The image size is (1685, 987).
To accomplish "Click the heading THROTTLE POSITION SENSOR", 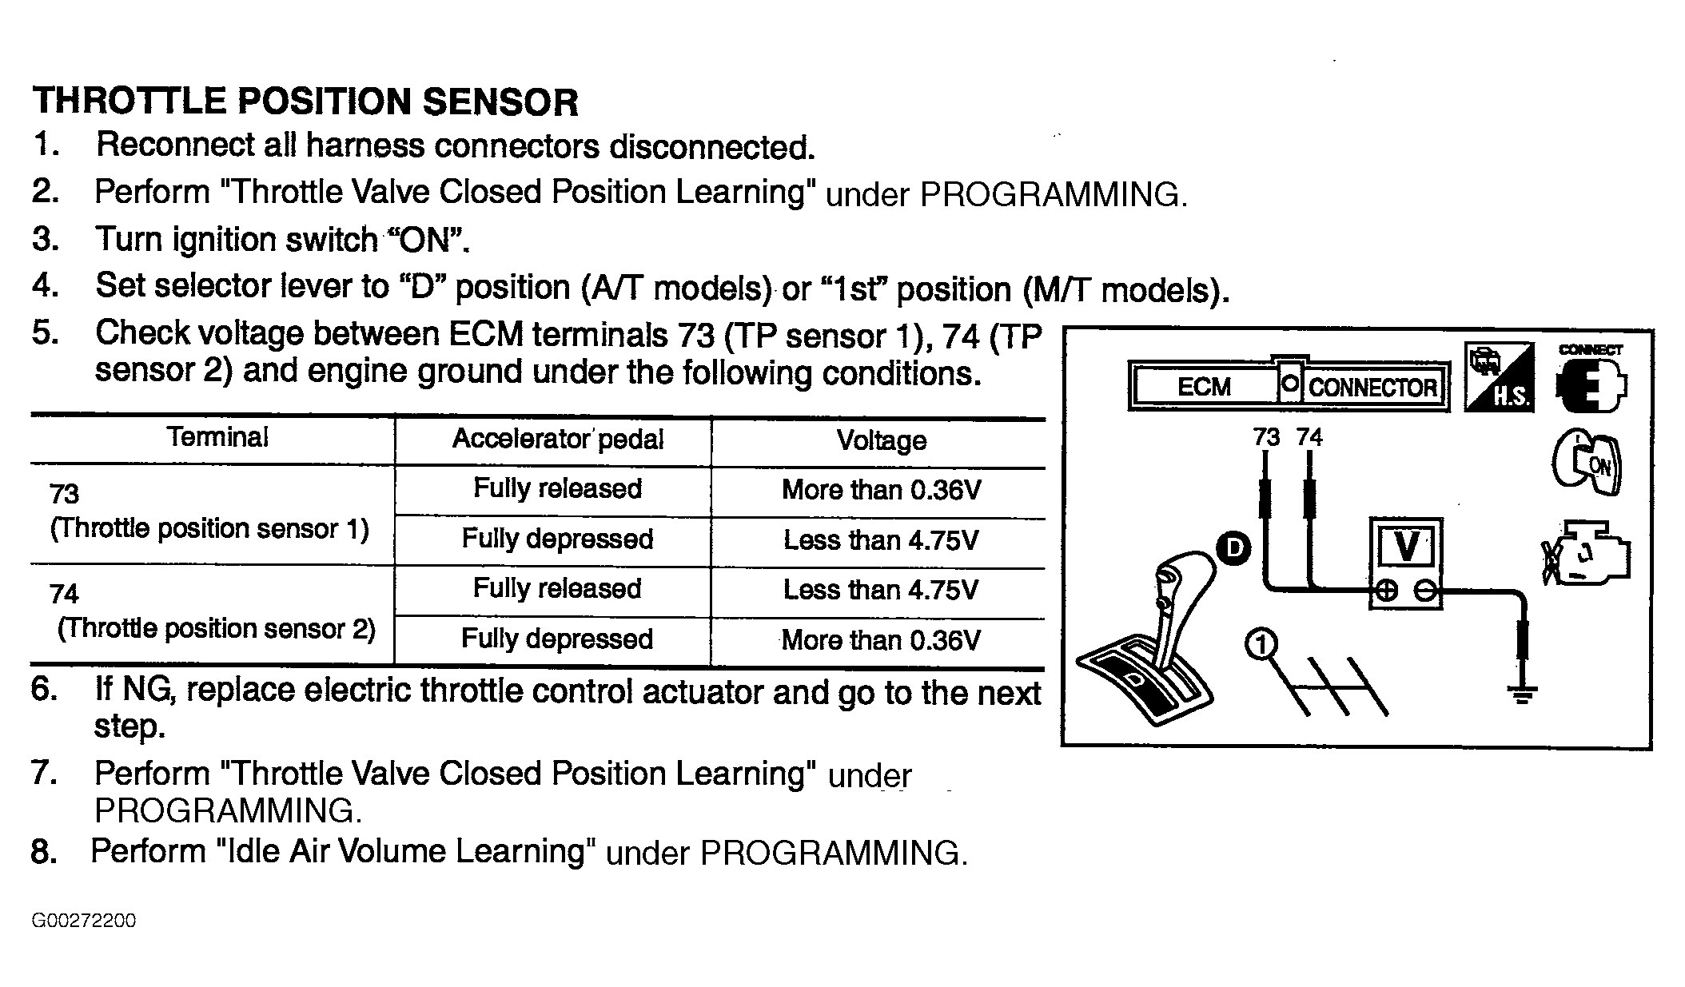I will point(305,101).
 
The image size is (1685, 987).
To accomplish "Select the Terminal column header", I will point(217,437).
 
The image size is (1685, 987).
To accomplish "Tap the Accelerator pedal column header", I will point(558,439).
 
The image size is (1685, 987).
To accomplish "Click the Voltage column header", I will point(881,440).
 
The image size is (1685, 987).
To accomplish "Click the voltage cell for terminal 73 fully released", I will point(881,490).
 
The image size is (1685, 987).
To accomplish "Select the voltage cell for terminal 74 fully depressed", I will point(881,640).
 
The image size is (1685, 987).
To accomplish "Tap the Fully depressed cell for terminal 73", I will point(557,539).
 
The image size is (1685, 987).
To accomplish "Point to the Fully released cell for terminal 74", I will point(557,589).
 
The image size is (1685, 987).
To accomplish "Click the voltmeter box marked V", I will point(1406,563).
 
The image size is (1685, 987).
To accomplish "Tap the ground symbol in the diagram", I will point(1522,694).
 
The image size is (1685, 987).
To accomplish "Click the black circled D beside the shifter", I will point(1235,548).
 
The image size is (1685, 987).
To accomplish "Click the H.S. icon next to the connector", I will point(1498,376).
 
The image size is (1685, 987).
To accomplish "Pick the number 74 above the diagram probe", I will point(1309,437).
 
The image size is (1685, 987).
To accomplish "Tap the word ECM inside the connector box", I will point(1204,388).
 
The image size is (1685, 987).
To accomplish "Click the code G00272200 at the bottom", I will point(84,921).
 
